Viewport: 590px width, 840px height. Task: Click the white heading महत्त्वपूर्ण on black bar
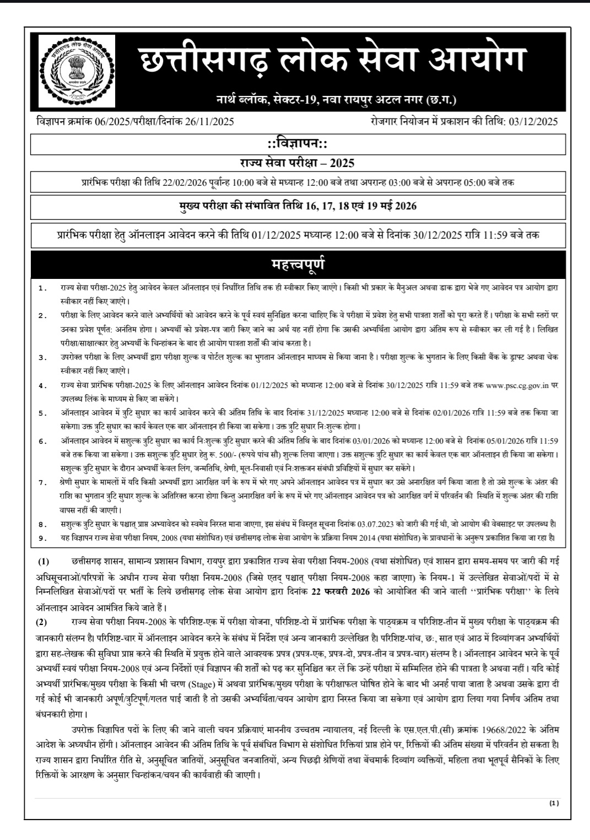click(298, 264)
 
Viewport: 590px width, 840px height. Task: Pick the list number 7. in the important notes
click(42, 482)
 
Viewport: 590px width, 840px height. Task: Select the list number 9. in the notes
click(42, 537)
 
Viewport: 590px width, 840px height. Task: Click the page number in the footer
click(554, 804)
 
